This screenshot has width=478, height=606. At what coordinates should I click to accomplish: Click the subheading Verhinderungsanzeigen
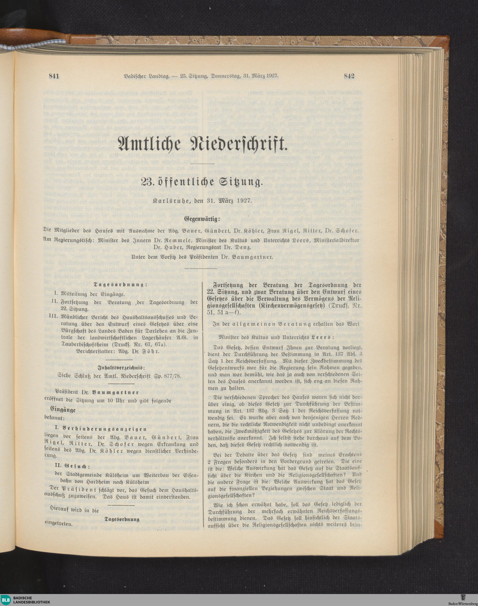point(98,429)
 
